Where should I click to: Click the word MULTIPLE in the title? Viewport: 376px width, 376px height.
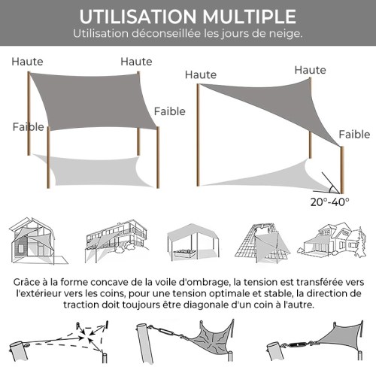point(249,17)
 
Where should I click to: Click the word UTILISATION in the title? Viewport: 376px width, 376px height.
point(138,17)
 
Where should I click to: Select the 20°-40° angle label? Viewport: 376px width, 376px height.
point(330,202)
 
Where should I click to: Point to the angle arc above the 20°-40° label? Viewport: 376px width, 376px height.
point(332,190)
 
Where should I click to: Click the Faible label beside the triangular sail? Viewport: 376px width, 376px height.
point(354,135)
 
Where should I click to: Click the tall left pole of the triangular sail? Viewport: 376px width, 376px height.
point(198,135)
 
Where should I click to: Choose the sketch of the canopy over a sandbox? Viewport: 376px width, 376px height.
point(193,243)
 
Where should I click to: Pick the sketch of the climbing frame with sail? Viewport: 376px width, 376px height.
point(262,243)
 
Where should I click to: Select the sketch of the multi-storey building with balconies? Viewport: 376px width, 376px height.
point(117,241)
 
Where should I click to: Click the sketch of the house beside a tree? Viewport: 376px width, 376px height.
point(332,240)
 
